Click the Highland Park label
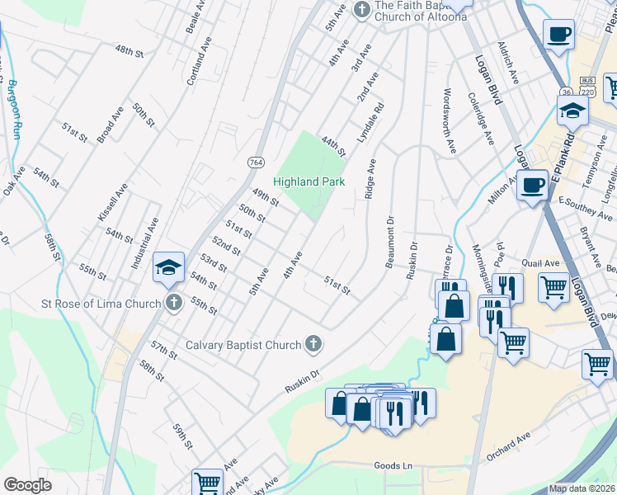point(308,181)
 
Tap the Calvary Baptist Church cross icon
point(313,344)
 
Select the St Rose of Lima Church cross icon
point(173,303)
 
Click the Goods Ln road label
point(393,466)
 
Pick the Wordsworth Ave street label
point(450,121)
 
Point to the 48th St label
point(130,51)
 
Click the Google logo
point(27,485)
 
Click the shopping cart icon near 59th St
point(207,483)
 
